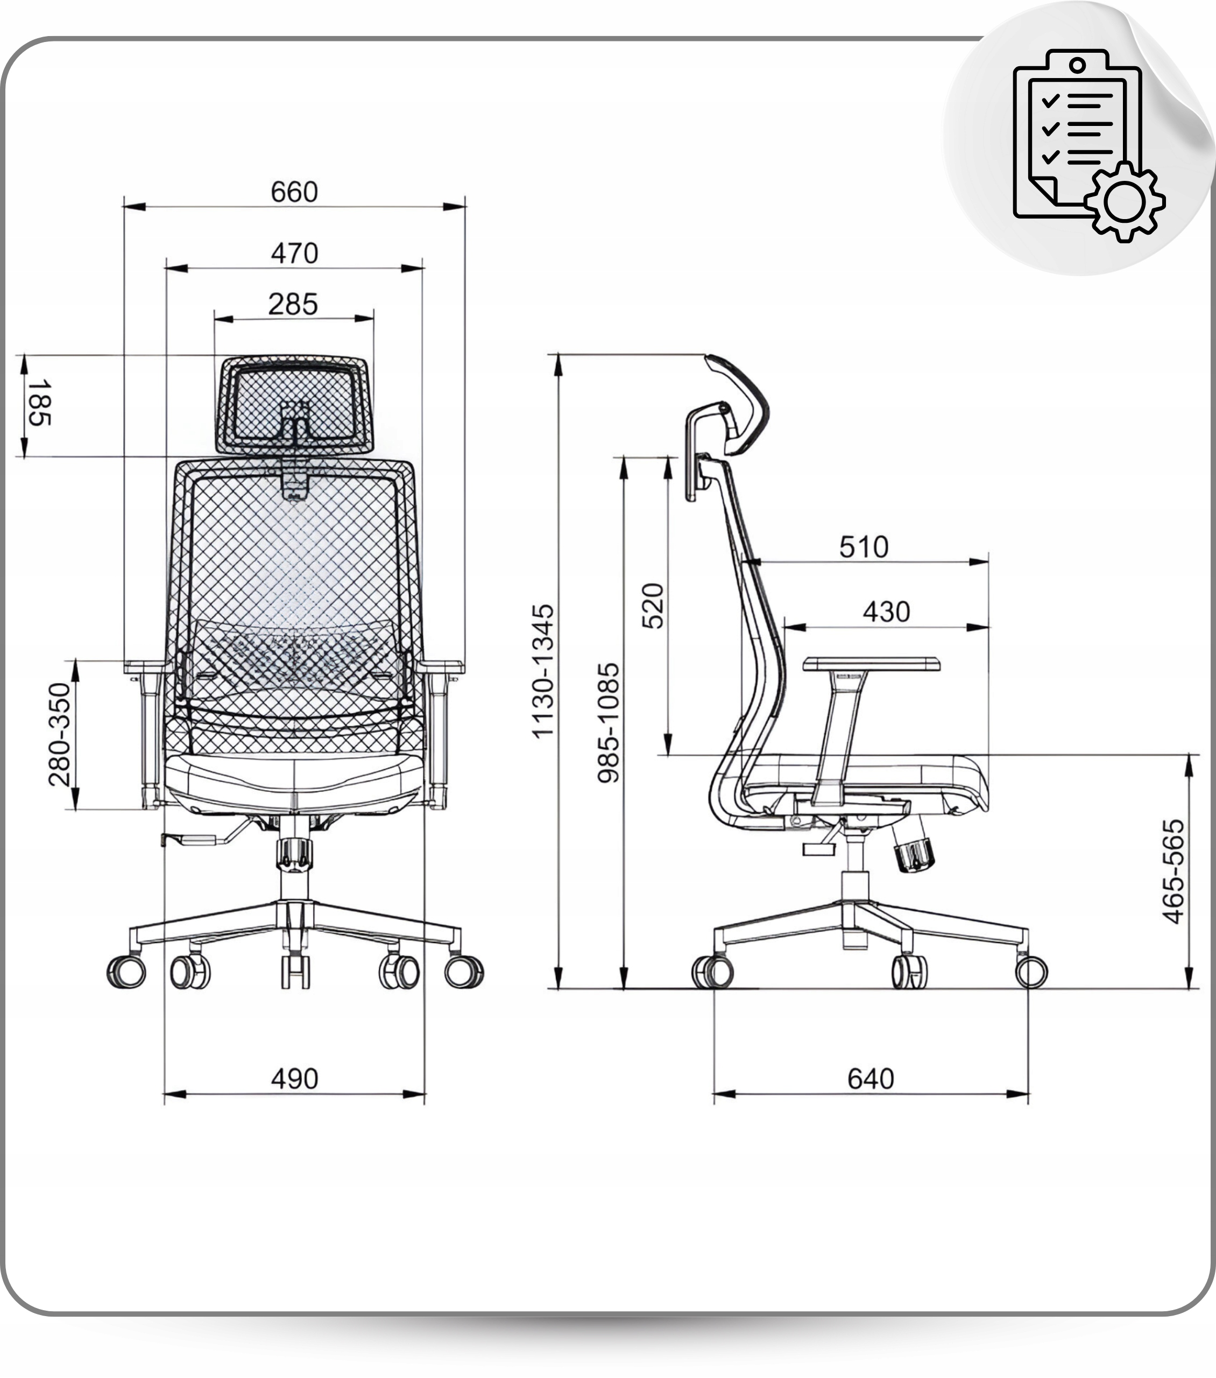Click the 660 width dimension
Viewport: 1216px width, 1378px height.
294,192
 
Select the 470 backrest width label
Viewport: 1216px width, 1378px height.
294,254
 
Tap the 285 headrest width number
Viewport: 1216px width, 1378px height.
293,305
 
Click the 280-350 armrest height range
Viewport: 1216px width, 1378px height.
59,735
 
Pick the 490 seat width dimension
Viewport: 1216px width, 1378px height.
294,1079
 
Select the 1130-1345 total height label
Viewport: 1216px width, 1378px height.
542,671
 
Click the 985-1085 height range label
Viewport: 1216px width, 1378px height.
608,723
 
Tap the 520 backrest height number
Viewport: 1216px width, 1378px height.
653,606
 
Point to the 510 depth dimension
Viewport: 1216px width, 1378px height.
864,547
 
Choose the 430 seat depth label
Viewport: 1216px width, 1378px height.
886,612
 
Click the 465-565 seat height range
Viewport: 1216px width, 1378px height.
1173,871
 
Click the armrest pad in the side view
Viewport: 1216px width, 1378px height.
872,664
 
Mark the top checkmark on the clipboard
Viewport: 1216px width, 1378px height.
1050,102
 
